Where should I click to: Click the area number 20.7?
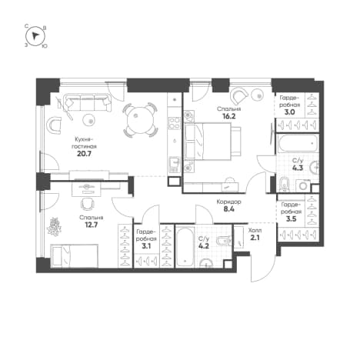84,154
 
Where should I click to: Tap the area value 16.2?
229,116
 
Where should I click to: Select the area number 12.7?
91,225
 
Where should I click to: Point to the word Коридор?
228,202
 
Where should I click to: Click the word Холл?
255,231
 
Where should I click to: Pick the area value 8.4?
228,209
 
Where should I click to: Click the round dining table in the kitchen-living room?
140,119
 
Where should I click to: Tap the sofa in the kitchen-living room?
88,102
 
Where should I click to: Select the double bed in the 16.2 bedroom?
213,142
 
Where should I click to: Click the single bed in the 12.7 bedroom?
75,255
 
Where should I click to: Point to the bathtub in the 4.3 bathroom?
298,144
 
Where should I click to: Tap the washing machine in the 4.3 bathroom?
303,185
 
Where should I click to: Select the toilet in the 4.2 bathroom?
223,241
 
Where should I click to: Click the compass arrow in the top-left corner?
35,35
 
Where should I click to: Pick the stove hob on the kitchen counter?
175,123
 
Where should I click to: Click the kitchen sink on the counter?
175,164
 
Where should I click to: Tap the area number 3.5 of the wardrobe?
290,219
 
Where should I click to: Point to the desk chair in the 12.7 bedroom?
87,203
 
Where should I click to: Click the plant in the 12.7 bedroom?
54,227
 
